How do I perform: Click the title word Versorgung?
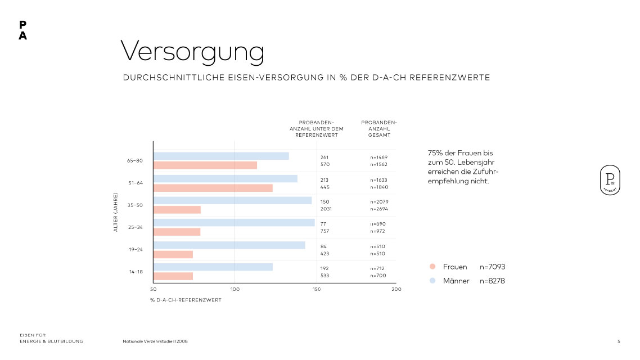[192, 52]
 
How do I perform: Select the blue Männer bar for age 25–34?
[234, 222]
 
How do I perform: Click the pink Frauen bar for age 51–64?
[213, 188]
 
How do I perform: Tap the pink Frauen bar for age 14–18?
[174, 276]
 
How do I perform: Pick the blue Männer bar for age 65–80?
[221, 156]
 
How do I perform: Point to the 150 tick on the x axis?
[316, 289]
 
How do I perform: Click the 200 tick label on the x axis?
[396, 289]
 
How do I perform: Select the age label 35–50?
[135, 205]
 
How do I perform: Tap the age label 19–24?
[135, 249]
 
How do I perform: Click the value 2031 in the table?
[326, 209]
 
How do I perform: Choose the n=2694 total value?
[379, 209]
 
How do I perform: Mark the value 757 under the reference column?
[324, 231]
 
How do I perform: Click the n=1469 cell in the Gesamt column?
[379, 157]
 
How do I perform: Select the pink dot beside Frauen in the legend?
[432, 267]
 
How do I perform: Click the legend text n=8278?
[492, 281]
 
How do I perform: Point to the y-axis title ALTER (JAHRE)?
[116, 213]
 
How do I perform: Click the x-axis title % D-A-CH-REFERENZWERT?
[186, 300]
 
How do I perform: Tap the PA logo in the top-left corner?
[22, 30]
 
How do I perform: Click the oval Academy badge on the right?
[610, 181]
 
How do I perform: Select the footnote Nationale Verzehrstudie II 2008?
[155, 341]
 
